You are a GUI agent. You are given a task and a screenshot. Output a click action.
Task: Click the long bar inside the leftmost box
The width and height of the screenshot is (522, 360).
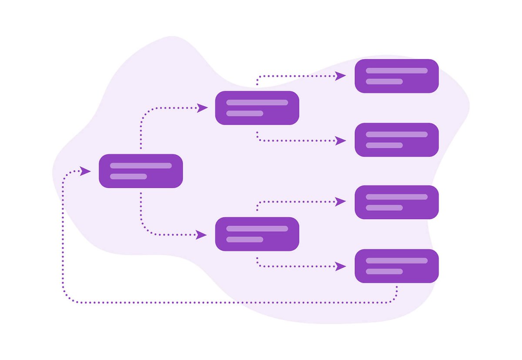pyautogui.click(x=141, y=166)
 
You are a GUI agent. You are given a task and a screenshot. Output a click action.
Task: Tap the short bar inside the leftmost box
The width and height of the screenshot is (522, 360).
pyautogui.click(x=128, y=177)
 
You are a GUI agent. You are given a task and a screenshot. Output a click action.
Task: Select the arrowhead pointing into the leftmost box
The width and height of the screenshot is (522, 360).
pyautogui.click(x=85, y=171)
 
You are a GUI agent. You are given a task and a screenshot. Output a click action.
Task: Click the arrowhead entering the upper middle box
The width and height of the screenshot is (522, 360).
pyautogui.click(x=202, y=108)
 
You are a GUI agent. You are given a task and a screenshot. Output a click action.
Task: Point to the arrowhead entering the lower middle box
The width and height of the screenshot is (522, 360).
pyautogui.click(x=201, y=235)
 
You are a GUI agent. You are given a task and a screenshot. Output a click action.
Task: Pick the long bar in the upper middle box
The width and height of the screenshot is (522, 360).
pyautogui.click(x=257, y=103)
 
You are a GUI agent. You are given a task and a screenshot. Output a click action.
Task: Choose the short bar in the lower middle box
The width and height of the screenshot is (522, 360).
pyautogui.click(x=244, y=240)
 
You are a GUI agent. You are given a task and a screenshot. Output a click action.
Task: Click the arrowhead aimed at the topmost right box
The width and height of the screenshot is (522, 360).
pyautogui.click(x=341, y=76)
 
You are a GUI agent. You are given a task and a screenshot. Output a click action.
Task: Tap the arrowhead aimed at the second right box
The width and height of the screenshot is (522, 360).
pyautogui.click(x=341, y=140)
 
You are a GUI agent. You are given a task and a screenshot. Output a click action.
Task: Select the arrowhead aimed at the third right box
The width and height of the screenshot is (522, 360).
pyautogui.click(x=341, y=201)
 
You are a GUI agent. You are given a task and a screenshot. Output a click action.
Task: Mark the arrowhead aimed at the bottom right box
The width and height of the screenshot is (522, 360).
pyautogui.click(x=341, y=266)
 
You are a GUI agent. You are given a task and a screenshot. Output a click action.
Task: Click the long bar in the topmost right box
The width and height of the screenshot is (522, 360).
pyautogui.click(x=396, y=70)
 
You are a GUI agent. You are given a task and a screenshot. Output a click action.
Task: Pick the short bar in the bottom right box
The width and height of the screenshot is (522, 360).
pyautogui.click(x=384, y=271)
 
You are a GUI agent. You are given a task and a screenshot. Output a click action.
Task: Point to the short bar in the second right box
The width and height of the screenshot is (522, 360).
pyautogui.click(x=384, y=145)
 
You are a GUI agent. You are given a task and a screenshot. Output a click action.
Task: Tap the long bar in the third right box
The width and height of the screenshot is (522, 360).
pyautogui.click(x=396, y=197)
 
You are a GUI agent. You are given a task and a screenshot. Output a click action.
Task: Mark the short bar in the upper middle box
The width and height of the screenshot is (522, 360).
pyautogui.click(x=244, y=113)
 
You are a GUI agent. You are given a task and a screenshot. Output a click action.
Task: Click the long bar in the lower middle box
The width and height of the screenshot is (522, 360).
pyautogui.click(x=257, y=229)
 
